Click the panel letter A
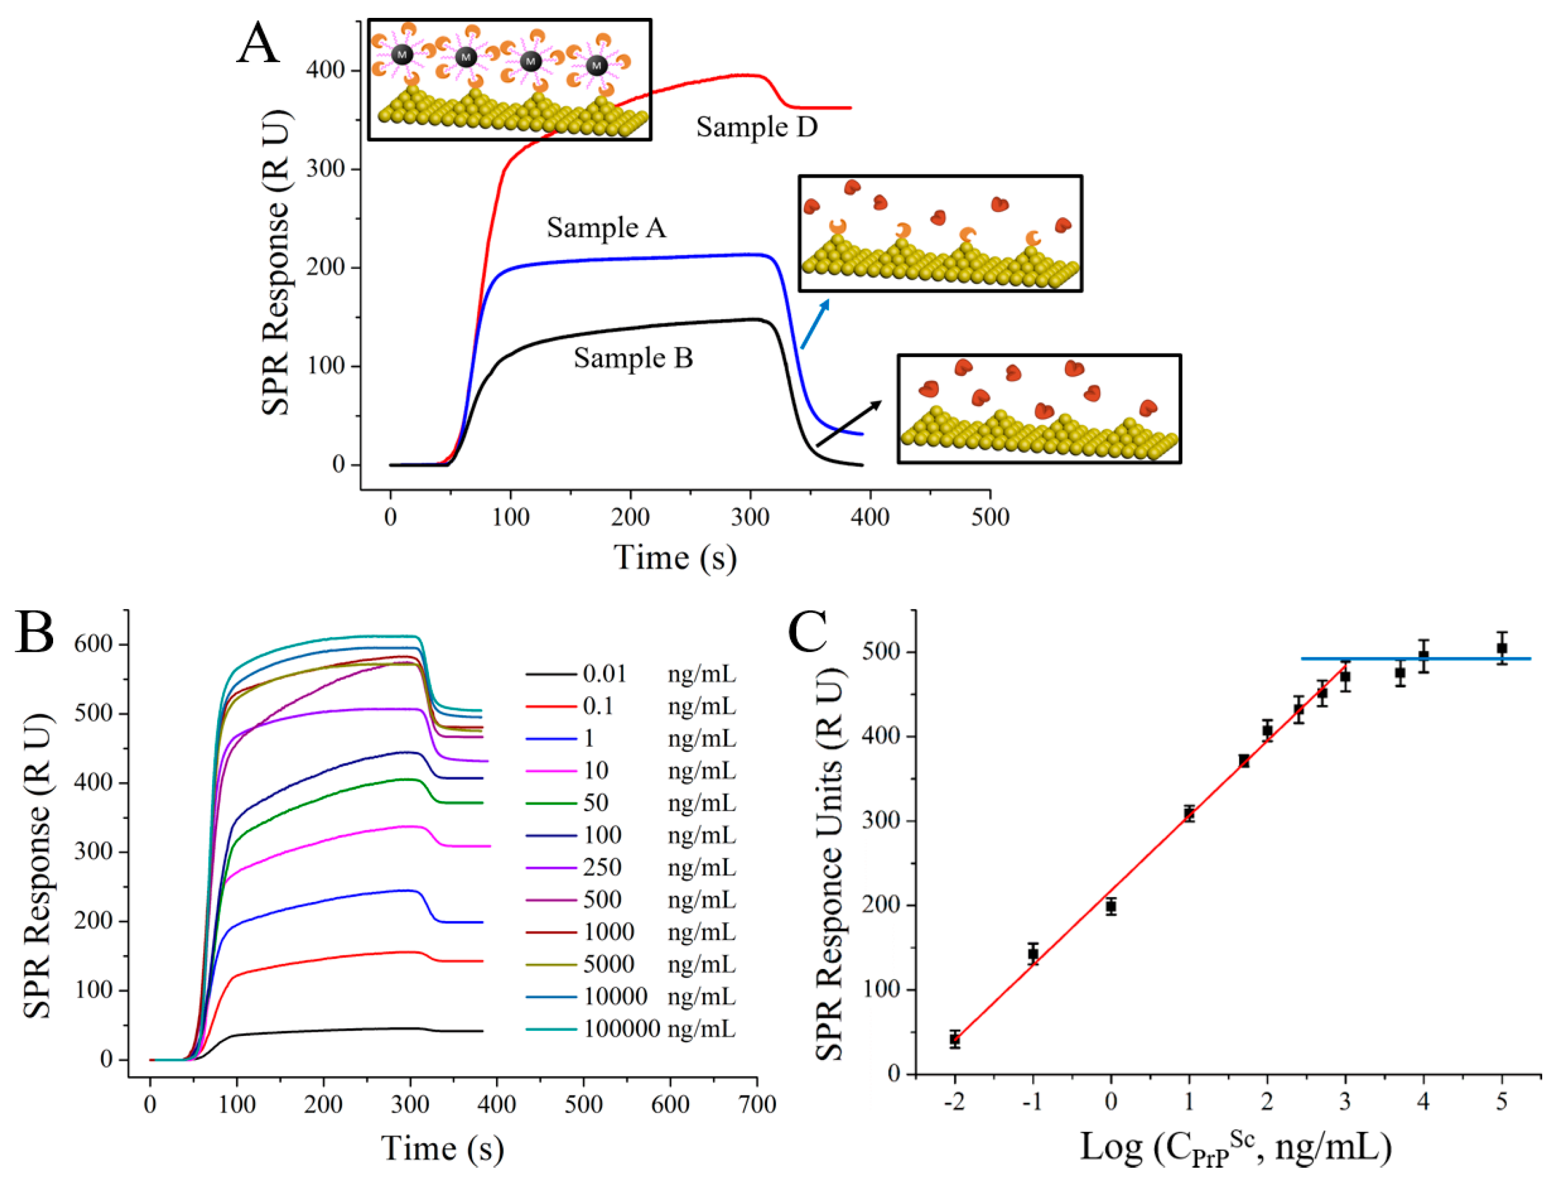coord(257,43)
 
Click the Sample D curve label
coord(757,127)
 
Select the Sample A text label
coord(606,228)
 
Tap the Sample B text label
coord(633,359)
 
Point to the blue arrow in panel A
coord(815,324)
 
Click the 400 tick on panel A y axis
coord(325,70)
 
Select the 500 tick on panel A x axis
coord(989,517)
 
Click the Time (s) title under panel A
coord(675,558)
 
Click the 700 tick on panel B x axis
coord(757,1104)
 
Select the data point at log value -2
coord(954,1039)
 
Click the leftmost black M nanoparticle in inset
coord(402,54)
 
